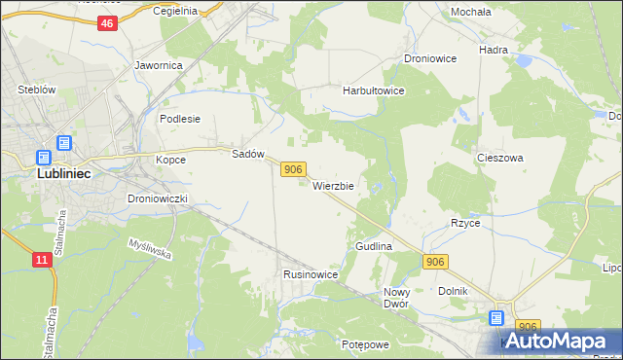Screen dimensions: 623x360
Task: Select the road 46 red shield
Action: [108, 23]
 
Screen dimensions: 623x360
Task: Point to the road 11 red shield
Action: [41, 260]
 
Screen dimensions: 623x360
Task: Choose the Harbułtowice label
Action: [373, 90]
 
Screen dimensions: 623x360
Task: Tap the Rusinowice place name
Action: [311, 275]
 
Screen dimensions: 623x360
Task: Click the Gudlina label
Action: [374, 247]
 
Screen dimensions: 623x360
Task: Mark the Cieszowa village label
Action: [500, 157]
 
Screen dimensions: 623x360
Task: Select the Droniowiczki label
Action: [164, 198]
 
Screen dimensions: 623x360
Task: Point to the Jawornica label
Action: [159, 66]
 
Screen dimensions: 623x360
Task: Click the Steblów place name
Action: [35, 90]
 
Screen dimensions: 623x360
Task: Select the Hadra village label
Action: [495, 48]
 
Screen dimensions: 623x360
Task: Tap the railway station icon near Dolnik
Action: [496, 317]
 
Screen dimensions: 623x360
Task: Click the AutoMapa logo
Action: [563, 341]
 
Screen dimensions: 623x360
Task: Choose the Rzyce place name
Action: [465, 223]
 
